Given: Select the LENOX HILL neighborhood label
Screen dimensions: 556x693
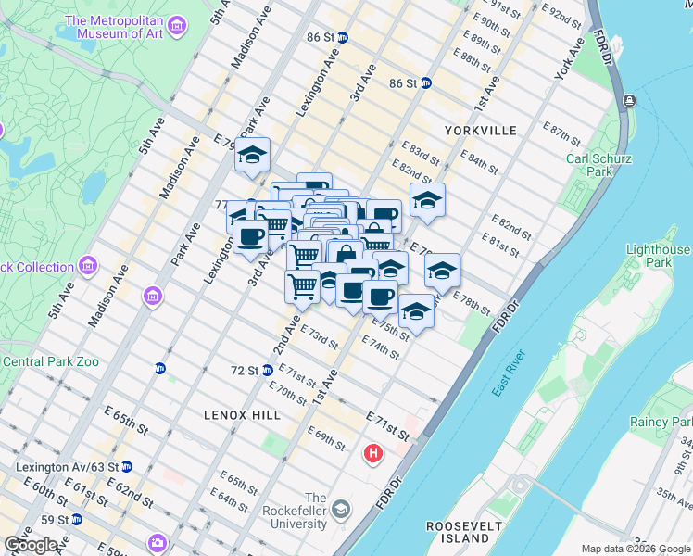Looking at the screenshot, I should coord(242,415).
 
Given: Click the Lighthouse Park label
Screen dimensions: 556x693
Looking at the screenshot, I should coord(658,256).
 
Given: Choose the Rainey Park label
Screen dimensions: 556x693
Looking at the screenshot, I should coord(661,422).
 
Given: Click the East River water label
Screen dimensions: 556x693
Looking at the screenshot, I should coord(509,373).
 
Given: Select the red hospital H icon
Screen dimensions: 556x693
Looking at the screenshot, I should coord(372,454).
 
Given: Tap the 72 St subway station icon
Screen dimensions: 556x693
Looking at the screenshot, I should coord(268,371).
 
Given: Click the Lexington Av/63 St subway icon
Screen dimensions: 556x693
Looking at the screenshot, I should coord(127,467).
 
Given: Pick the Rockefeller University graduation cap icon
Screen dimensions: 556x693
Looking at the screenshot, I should coord(342,509).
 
